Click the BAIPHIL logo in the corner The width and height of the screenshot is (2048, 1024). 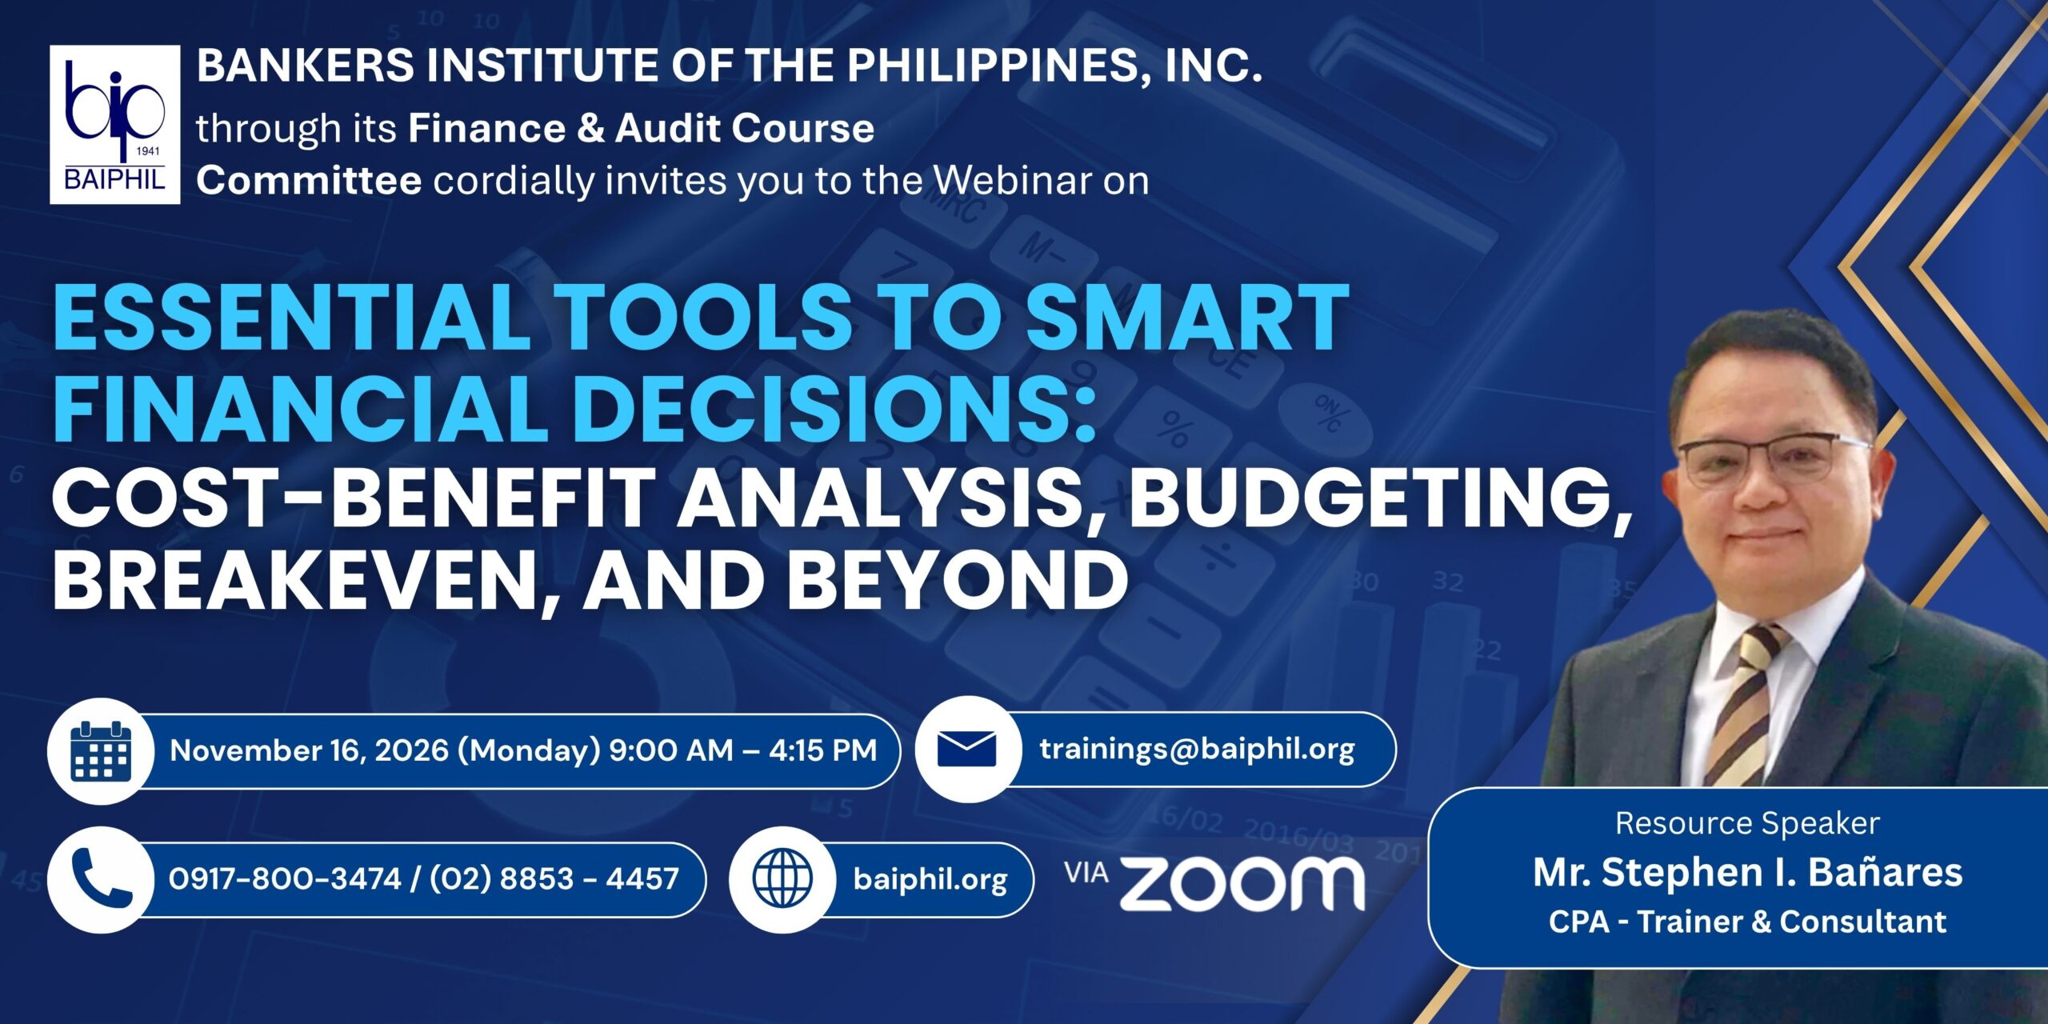(114, 125)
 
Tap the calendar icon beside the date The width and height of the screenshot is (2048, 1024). (101, 750)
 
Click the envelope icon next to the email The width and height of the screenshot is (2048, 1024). (966, 750)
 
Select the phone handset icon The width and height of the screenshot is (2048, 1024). (102, 878)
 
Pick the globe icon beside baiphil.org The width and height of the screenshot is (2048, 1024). (782, 878)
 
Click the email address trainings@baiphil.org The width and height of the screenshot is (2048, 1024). (1197, 750)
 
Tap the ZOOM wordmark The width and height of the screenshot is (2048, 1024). (1242, 883)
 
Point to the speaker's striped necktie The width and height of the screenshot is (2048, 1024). (1744, 704)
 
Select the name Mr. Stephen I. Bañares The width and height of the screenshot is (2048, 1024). (1747, 872)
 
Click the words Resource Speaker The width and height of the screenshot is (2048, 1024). (1747, 823)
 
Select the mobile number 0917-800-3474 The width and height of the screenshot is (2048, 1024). (285, 878)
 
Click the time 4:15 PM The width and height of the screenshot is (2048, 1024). (822, 750)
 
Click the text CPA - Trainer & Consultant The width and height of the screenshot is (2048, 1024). (1747, 922)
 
